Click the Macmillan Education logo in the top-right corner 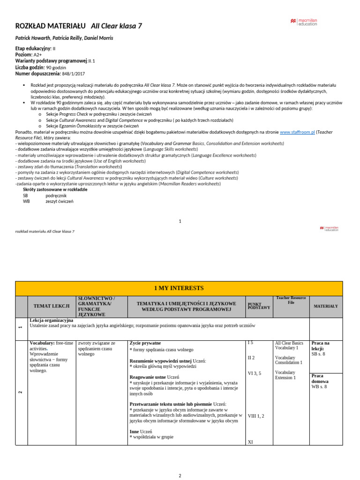303,22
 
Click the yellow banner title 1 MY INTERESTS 179,288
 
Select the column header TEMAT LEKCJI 52,306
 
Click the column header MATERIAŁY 326,306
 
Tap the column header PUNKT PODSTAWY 259,306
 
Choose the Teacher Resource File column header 291,300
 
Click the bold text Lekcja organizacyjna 51,320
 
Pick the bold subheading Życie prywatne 145,343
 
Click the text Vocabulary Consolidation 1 288,360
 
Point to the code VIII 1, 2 256,415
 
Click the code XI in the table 250,442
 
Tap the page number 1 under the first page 180,221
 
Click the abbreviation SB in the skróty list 26,195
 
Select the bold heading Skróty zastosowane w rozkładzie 55,189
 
